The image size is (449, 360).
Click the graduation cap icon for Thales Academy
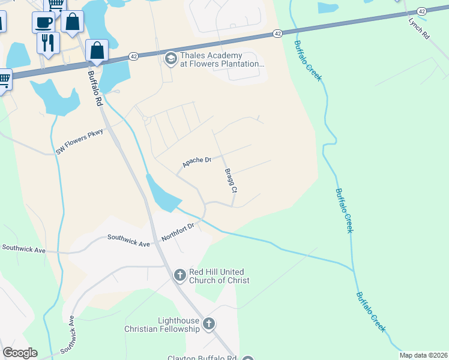pos(170,59)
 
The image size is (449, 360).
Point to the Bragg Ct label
pos(231,180)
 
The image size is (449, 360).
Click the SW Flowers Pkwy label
pos(80,142)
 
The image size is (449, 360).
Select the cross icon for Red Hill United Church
pos(179,275)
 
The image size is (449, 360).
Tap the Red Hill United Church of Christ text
pos(219,276)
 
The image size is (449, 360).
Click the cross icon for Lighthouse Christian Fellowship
pos(209,325)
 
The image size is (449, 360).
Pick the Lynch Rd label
pos(419,28)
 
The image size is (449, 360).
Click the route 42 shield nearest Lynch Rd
pos(421,11)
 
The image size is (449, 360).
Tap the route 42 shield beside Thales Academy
pos(133,56)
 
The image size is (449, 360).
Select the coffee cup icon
pos(44,22)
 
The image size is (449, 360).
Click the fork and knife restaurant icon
pos(47,42)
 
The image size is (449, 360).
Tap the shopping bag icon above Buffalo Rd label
pos(97,50)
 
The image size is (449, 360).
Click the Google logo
pos(20,353)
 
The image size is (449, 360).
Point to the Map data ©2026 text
pos(423,355)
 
